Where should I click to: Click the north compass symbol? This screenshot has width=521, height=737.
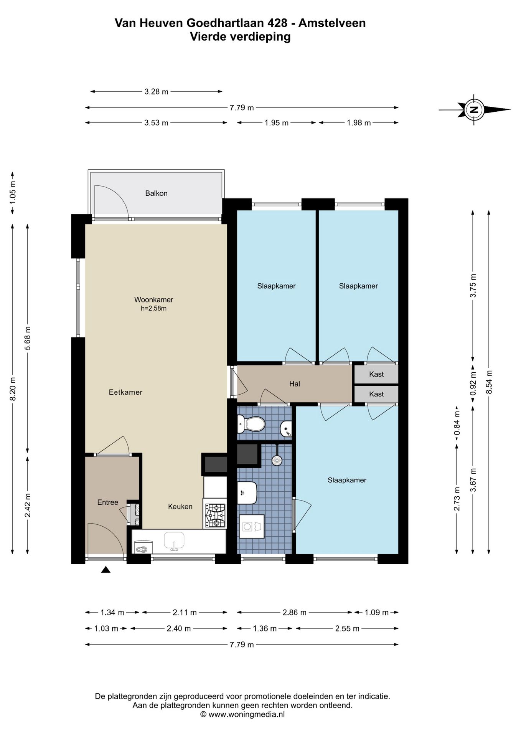click(x=474, y=109)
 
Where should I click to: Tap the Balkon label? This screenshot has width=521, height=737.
click(x=156, y=193)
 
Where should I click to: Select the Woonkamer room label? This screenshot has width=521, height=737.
click(x=153, y=300)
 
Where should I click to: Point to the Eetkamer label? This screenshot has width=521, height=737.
click(x=125, y=392)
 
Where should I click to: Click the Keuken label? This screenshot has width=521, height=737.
click(x=180, y=507)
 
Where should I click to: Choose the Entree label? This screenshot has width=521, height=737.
click(x=107, y=502)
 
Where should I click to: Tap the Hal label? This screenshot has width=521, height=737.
click(x=295, y=384)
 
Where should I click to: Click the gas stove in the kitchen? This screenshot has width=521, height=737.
click(x=215, y=516)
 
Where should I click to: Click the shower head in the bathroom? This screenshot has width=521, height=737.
click(x=276, y=459)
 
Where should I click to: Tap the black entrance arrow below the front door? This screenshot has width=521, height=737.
click(x=106, y=570)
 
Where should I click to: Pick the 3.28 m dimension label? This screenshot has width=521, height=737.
click(x=157, y=92)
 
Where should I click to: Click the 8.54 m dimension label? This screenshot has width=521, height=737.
click(x=488, y=382)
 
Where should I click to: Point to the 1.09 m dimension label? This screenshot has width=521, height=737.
click(x=377, y=613)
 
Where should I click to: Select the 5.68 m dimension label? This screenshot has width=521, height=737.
click(x=28, y=338)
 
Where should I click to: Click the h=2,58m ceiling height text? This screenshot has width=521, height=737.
click(x=153, y=308)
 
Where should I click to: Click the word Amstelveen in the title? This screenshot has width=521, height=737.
click(x=332, y=23)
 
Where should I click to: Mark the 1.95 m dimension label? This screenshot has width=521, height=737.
click(x=277, y=123)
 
